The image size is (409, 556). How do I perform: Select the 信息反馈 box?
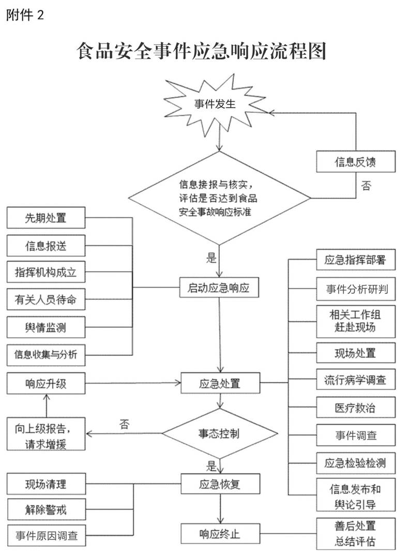click(355, 162)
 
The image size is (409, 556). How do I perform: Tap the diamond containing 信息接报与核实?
click(219, 198)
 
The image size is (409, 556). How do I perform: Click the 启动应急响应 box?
click(219, 287)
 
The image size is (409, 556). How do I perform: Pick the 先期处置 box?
click(46, 218)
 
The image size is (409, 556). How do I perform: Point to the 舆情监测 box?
click(46, 327)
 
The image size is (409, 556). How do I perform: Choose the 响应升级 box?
click(46, 383)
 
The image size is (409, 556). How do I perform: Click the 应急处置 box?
click(220, 383)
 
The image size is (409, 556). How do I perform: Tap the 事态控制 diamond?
click(220, 433)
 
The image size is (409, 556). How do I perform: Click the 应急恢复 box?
click(220, 484)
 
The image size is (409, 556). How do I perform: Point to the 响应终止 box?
click(220, 534)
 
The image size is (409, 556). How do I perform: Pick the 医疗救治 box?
click(355, 408)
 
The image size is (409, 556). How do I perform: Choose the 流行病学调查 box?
click(355, 380)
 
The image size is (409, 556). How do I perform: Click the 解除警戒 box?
click(46, 509)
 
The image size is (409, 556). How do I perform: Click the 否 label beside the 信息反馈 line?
click(366, 186)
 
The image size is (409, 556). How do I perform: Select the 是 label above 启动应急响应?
click(211, 258)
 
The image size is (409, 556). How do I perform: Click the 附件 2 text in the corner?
click(25, 15)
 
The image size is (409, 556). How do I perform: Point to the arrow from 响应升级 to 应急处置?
click(133, 383)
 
